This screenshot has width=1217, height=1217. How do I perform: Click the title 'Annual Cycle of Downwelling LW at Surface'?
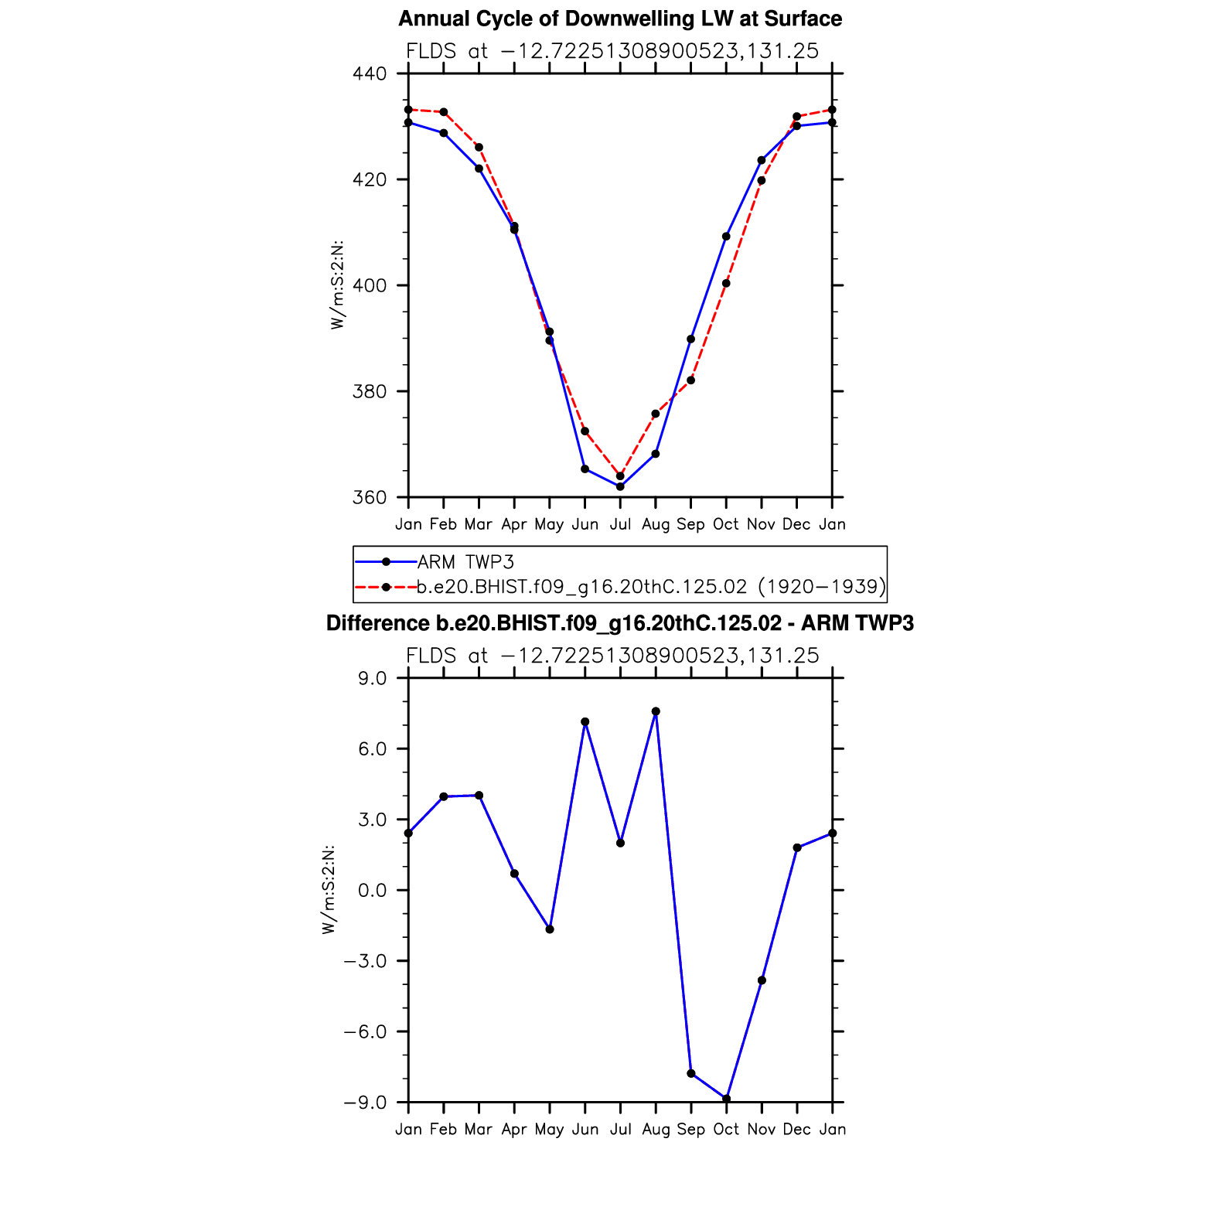[619, 19]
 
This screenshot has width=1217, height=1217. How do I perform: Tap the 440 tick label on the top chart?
[369, 74]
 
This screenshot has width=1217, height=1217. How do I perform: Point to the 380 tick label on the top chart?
[369, 392]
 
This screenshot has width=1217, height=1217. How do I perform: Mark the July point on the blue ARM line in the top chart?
[620, 486]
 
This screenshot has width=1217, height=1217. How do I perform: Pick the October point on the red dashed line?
[726, 284]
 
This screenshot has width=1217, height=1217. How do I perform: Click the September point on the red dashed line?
[690, 380]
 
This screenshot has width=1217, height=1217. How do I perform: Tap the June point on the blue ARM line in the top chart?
[585, 469]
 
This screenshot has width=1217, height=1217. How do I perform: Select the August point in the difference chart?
[656, 711]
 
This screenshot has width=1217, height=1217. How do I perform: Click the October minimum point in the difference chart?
[726, 1099]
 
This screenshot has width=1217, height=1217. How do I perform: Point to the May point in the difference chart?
[550, 929]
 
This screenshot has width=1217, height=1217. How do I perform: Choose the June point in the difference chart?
[585, 722]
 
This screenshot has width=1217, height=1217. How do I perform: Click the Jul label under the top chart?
[620, 524]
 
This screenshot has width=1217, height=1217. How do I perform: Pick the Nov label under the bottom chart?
[762, 1130]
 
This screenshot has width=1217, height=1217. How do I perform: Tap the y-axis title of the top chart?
[337, 285]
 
